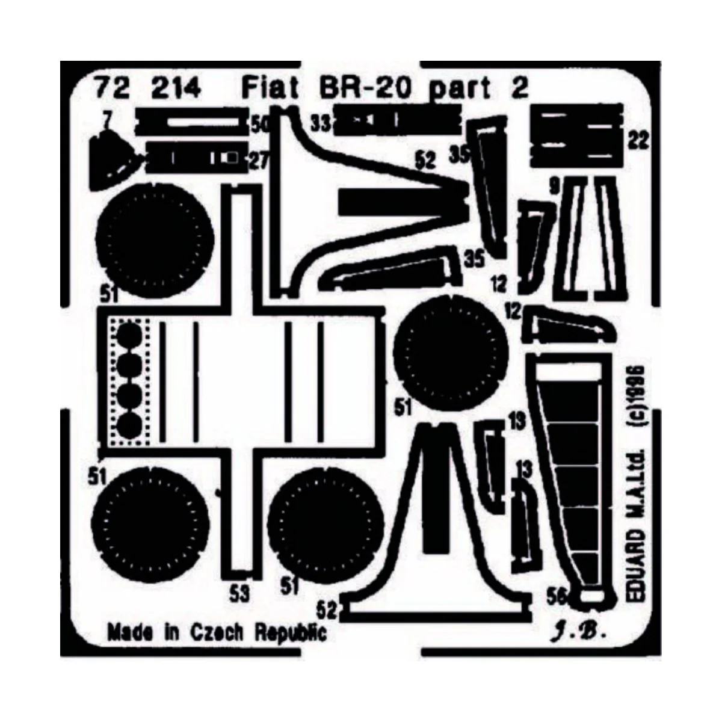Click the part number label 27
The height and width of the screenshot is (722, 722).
[x=259, y=160]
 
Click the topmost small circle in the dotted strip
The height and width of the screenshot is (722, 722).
[x=128, y=335]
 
